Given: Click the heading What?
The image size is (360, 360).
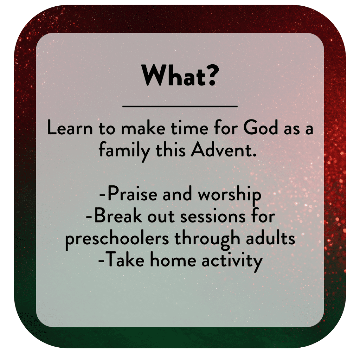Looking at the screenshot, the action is [180, 76].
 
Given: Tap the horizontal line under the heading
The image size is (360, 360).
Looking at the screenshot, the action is [180, 106].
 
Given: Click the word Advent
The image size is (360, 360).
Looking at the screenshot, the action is [224, 150].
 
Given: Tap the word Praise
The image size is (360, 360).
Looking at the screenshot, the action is [133, 194].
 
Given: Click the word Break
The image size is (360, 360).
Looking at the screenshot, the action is [118, 216].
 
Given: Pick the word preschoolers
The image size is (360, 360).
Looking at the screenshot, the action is [117, 239].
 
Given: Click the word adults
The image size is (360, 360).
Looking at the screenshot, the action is [270, 238].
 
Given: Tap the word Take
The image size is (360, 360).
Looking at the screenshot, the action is [126, 260].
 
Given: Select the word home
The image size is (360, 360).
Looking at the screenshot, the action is [173, 260].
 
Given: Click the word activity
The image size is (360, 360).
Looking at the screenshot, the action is [232, 262].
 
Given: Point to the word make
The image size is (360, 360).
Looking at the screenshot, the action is [143, 128].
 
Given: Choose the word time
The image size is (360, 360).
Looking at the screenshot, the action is [189, 128].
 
